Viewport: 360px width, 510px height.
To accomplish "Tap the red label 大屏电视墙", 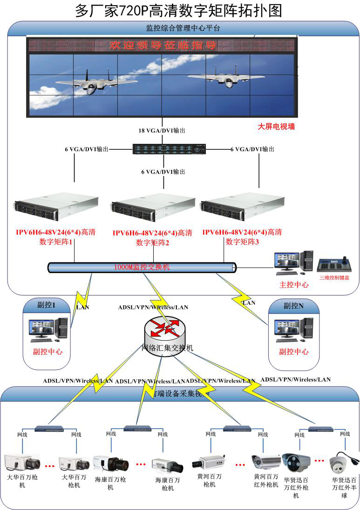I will (x=276, y=126).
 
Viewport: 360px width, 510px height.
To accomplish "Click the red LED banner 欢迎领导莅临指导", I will (x=163, y=45).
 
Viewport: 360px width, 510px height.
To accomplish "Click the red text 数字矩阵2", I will (x=152, y=242).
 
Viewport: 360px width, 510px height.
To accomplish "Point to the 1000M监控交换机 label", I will (x=142, y=267).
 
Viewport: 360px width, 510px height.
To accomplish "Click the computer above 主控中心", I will (x=293, y=262).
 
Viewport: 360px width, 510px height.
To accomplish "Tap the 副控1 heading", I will (x=47, y=305).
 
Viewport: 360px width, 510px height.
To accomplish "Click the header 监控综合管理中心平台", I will (x=183, y=28).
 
